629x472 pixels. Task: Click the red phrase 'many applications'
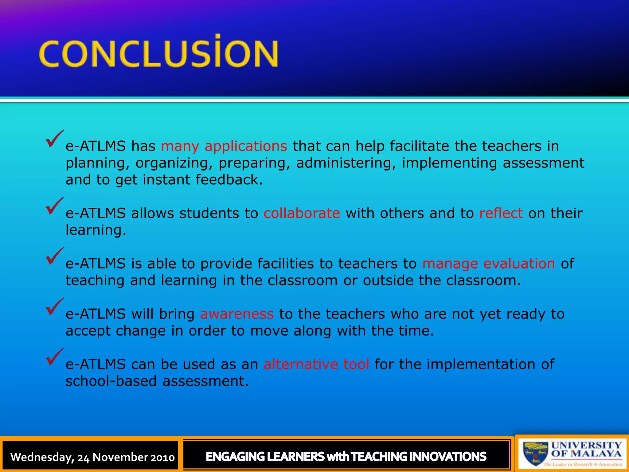click(x=224, y=146)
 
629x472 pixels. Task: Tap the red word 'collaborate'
click(x=302, y=213)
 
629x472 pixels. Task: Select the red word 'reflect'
click(x=501, y=213)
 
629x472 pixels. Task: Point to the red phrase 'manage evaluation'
click(x=489, y=264)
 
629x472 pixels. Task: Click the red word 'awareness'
click(x=237, y=314)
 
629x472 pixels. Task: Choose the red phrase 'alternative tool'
click(x=316, y=364)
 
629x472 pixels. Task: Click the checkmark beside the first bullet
click(x=54, y=139)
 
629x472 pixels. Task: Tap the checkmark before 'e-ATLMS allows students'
click(x=54, y=206)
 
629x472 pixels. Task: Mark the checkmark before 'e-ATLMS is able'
click(x=54, y=256)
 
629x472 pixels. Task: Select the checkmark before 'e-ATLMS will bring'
click(x=54, y=307)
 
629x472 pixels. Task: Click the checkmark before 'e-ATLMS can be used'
click(x=54, y=357)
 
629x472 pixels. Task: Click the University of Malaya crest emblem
click(x=535, y=453)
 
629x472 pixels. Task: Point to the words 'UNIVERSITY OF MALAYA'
click(x=586, y=449)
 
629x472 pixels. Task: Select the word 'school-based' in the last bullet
click(x=111, y=381)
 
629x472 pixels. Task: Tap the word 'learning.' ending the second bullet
click(x=96, y=230)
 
